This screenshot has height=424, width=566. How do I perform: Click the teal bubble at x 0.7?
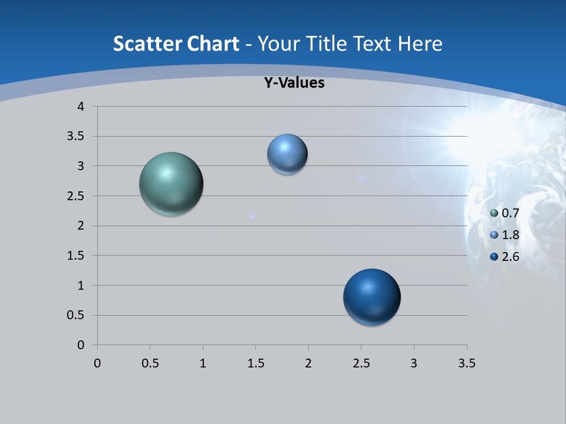171,184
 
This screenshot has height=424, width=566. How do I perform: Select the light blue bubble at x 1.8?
287,154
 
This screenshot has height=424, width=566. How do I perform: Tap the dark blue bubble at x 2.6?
371,297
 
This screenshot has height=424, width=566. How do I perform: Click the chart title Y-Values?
294,83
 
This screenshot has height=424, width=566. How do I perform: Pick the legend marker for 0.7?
494,213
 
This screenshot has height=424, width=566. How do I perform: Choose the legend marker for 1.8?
494,235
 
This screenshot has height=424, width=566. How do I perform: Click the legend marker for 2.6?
494,257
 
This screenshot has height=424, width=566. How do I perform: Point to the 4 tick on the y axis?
81,107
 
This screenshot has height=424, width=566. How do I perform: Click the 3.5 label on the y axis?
77,137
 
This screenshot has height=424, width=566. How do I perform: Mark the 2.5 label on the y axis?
77,196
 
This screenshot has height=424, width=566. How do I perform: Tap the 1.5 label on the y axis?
77,256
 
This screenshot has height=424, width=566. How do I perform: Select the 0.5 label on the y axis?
77,316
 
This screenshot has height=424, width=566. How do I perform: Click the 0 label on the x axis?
98,363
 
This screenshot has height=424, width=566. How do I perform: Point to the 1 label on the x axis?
203,363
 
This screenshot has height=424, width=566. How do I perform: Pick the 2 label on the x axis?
308,363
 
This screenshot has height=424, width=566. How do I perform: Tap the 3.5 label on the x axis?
466,363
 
